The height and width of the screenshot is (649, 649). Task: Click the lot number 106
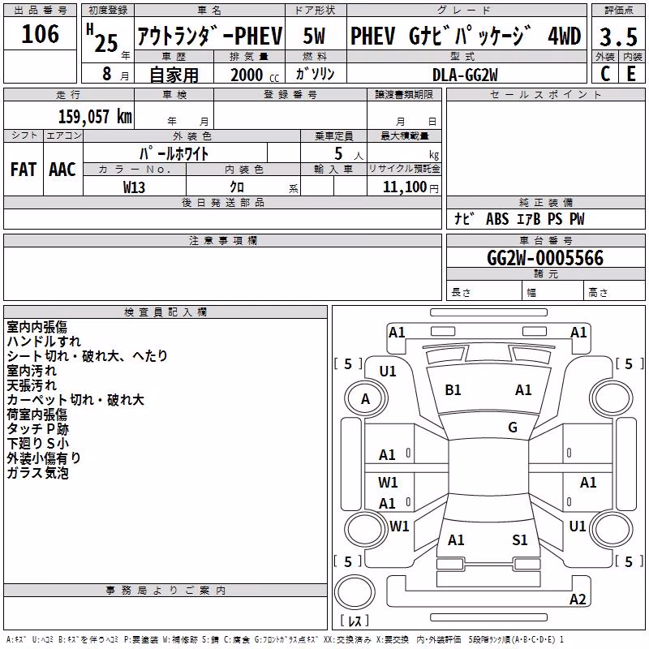pyautogui.click(x=40, y=34)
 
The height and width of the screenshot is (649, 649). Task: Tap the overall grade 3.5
pyautogui.click(x=618, y=37)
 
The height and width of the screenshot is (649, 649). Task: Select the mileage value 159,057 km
pyautogui.click(x=95, y=117)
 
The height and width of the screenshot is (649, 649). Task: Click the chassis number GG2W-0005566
pyautogui.click(x=545, y=258)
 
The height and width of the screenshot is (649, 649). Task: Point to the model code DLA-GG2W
pyautogui.click(x=465, y=75)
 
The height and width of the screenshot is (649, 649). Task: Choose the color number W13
pyautogui.click(x=134, y=187)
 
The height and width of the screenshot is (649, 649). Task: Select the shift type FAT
pyautogui.click(x=24, y=170)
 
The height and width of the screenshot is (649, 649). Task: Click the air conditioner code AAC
pyautogui.click(x=62, y=170)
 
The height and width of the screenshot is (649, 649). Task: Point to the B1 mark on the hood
pyautogui.click(x=453, y=390)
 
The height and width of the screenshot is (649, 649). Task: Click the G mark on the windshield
pyautogui.click(x=513, y=428)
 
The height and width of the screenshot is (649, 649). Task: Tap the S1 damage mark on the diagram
pyautogui.click(x=520, y=540)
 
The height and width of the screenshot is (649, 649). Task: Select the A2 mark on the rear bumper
pyautogui.click(x=578, y=600)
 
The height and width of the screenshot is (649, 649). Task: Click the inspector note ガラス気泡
pyautogui.click(x=37, y=473)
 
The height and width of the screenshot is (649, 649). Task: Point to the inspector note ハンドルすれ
pyautogui.click(x=44, y=342)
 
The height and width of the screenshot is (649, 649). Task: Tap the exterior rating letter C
pyautogui.click(x=605, y=74)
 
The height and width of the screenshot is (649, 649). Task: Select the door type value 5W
pyautogui.click(x=314, y=36)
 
